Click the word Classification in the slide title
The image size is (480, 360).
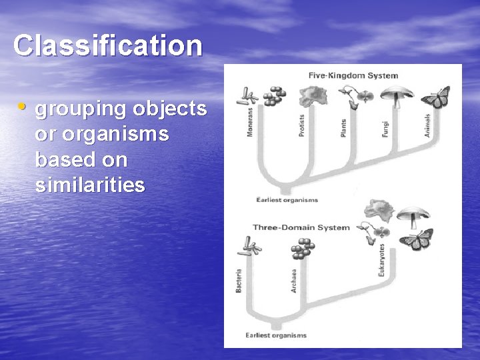pos(107,46)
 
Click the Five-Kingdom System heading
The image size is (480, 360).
pos(353,75)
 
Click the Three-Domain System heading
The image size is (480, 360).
pos(301,227)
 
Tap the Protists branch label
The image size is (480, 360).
pos(301,124)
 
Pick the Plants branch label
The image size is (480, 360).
pos(343,127)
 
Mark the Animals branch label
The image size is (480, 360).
pos(427,125)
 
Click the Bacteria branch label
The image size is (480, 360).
pos(239,280)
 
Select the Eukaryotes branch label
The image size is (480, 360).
pos(382,261)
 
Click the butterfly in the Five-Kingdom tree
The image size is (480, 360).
pos(435,97)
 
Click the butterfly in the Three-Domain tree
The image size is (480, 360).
pos(417,239)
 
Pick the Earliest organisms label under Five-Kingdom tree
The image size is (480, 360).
pos(287,199)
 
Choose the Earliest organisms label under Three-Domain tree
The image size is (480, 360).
pos(276,335)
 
